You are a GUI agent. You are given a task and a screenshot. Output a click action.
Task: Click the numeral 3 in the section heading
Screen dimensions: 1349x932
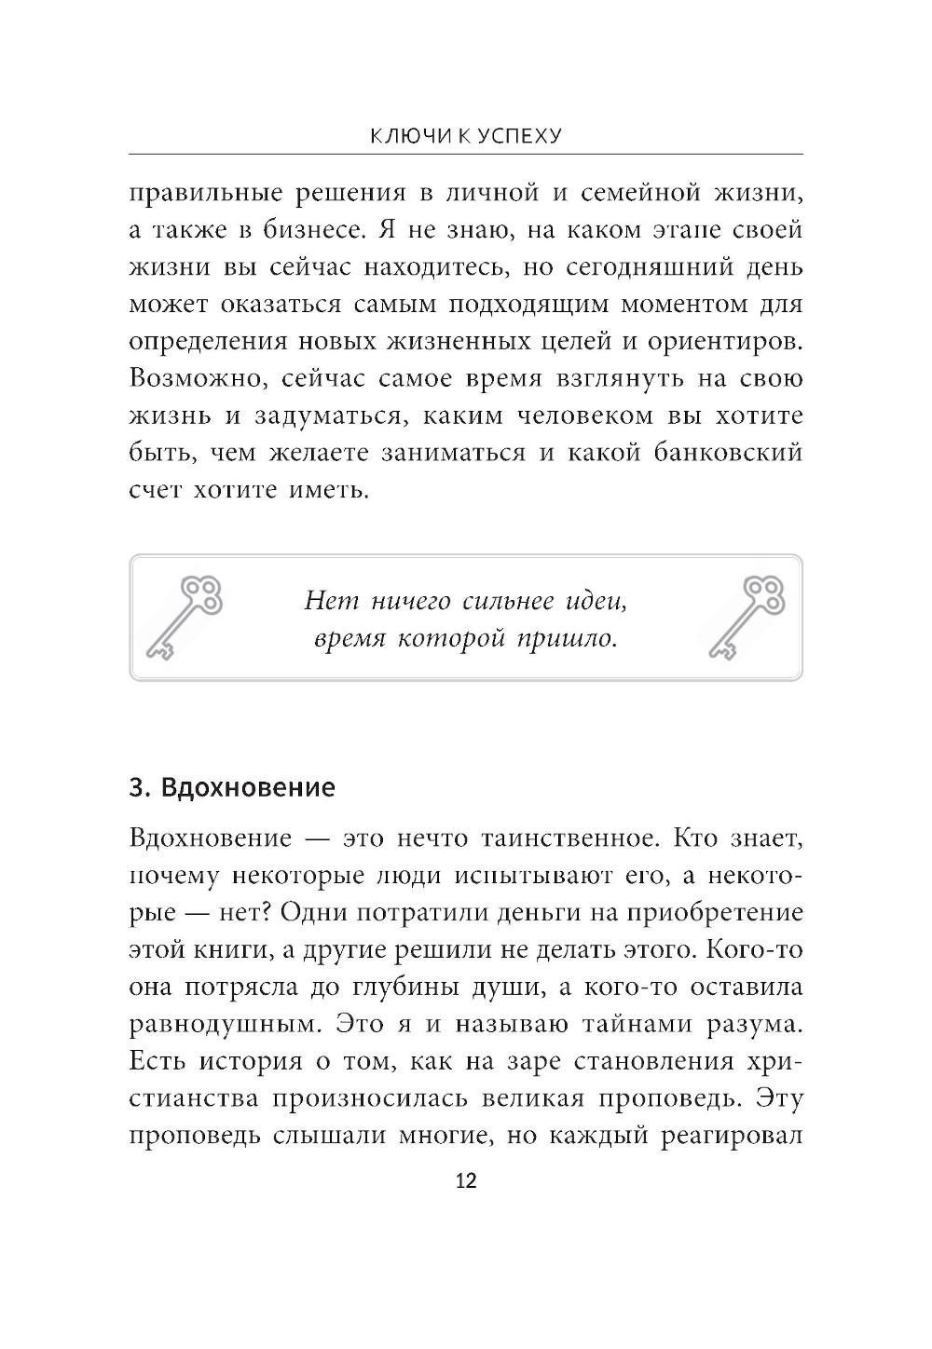[138, 787]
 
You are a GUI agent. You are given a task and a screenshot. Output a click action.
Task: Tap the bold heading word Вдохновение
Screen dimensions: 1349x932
[248, 787]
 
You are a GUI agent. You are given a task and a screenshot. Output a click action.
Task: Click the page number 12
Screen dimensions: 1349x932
[465, 1181]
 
